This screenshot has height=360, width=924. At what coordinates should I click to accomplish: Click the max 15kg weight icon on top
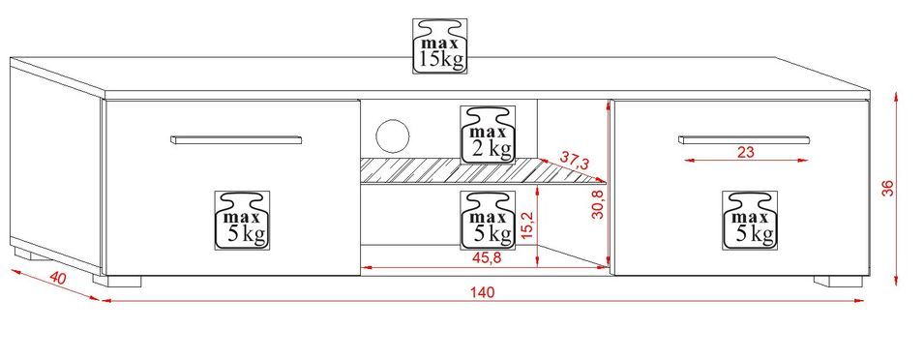click(440, 45)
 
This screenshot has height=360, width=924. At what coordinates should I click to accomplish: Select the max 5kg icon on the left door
click(242, 219)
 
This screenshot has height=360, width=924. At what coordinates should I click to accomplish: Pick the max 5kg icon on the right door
click(750, 220)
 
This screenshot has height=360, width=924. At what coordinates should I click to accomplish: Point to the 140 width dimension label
click(483, 291)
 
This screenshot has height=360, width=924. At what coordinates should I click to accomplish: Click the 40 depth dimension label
click(57, 278)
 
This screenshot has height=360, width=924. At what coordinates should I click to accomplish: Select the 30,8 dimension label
click(598, 204)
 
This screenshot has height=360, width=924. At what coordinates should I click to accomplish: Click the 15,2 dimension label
click(528, 225)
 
